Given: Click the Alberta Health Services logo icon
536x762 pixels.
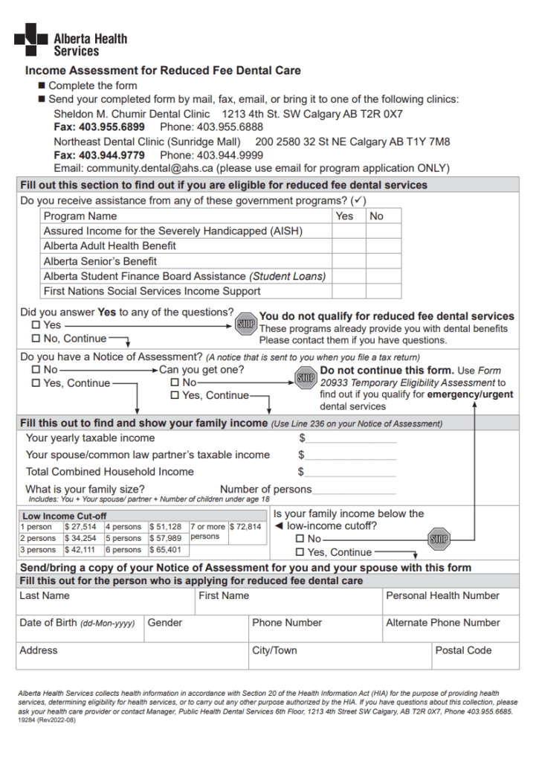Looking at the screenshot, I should click(x=30, y=39).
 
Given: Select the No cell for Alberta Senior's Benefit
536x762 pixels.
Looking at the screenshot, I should click(x=384, y=261).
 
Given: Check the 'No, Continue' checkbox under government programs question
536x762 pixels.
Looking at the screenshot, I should click(x=36, y=339).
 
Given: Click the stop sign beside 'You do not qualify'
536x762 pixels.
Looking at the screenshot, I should click(x=245, y=324).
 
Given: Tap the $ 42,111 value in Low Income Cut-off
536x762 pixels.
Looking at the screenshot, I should click(x=80, y=550).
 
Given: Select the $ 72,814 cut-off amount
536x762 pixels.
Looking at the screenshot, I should click(x=246, y=527).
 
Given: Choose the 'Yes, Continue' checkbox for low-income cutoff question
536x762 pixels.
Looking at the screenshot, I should click(x=300, y=553).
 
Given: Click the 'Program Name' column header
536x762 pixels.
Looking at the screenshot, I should click(x=80, y=217).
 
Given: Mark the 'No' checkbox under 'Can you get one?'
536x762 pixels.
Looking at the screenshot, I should click(x=175, y=382).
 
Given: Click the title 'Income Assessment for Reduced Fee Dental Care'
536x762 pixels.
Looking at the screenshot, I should click(x=163, y=71).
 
